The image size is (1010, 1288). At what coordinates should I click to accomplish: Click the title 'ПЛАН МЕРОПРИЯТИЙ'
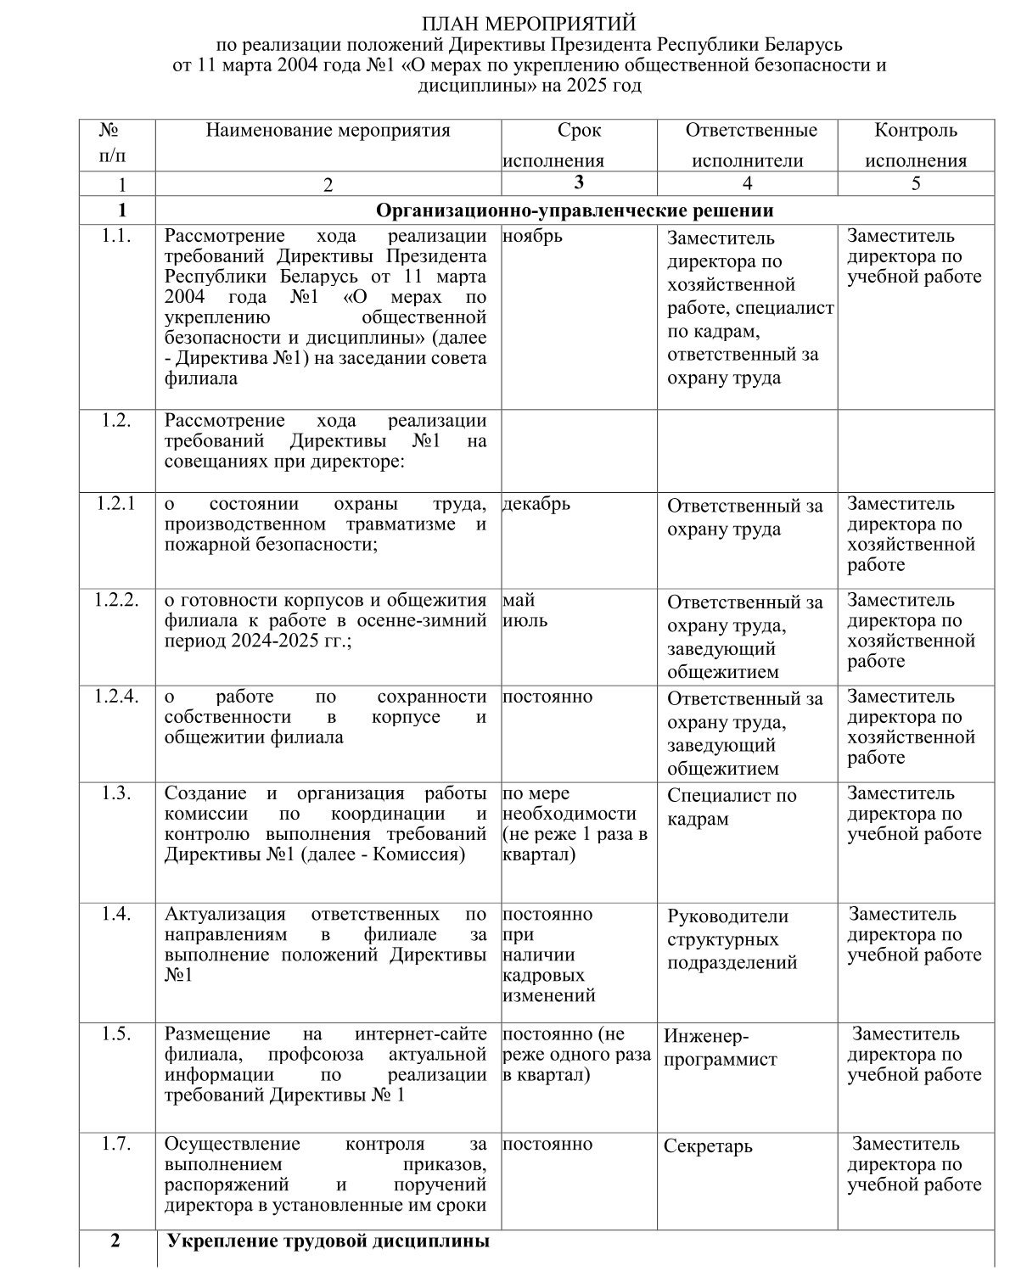529,22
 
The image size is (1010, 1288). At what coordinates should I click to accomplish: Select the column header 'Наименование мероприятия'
328,131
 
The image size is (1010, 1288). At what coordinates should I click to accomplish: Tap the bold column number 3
579,182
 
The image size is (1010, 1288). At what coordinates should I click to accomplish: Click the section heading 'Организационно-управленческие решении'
575,210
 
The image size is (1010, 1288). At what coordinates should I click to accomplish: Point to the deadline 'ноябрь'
532,236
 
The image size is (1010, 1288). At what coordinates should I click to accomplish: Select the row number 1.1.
115,236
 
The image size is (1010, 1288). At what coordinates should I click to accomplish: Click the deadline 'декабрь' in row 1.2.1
536,504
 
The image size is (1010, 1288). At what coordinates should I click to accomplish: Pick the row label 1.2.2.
115,601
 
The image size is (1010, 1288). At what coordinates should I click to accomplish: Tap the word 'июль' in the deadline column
525,620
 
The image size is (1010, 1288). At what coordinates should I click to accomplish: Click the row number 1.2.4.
115,697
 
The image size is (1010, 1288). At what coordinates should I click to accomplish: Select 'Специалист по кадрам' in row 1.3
732,807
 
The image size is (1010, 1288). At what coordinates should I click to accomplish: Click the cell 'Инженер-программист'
720,1047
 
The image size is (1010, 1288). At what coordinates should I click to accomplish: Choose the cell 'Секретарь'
708,1146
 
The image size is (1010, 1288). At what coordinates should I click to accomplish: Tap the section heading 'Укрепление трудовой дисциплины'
328,1242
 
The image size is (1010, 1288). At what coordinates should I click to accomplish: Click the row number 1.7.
115,1144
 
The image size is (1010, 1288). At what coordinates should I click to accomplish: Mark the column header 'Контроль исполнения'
916,145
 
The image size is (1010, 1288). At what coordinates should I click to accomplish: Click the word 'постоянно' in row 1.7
547,1144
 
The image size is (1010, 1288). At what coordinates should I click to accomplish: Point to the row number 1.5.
115,1034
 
